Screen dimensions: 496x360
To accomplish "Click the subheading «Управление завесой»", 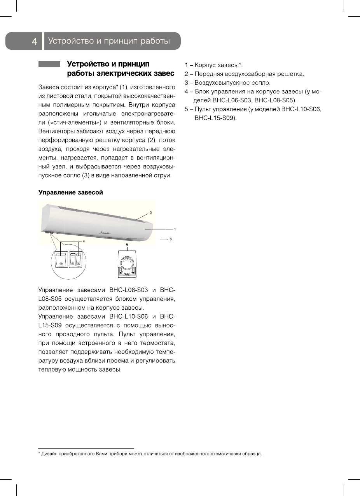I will (x=70, y=193).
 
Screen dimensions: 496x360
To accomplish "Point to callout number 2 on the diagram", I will (x=150, y=213).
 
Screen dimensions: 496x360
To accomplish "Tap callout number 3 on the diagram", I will (x=170, y=239).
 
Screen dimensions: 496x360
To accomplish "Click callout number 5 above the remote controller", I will (x=127, y=244).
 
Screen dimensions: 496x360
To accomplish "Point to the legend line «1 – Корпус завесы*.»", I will (x=214, y=65).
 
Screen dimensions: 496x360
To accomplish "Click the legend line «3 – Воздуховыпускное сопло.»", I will (x=227, y=83).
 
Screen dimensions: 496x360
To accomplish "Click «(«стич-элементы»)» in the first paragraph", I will (x=71, y=123).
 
